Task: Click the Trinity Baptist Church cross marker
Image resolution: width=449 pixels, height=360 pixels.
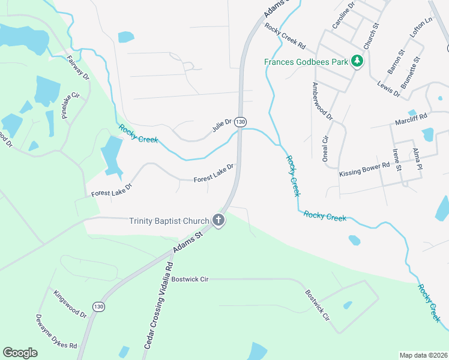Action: pyautogui.click(x=218, y=221)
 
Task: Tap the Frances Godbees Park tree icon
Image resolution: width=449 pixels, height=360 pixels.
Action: pyautogui.click(x=357, y=61)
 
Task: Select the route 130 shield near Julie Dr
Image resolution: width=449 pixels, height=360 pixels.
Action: pyautogui.click(x=240, y=122)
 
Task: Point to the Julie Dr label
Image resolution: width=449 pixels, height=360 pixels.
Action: pyautogui.click(x=221, y=126)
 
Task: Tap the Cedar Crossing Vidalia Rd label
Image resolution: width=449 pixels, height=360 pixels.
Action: pyautogui.click(x=159, y=305)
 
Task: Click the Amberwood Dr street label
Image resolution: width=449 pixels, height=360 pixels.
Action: pyautogui.click(x=321, y=102)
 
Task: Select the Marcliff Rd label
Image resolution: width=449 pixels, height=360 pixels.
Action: pyautogui.click(x=411, y=118)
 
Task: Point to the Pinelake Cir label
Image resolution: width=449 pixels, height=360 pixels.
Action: pyautogui.click(x=71, y=106)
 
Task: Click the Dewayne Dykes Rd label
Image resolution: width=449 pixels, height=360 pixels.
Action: pyautogui.click(x=55, y=333)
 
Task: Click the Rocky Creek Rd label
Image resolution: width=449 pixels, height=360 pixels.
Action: pyautogui.click(x=285, y=36)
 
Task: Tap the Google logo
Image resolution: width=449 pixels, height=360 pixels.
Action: pyautogui.click(x=20, y=353)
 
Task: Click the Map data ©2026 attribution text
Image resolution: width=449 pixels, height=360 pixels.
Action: pyautogui.click(x=424, y=355)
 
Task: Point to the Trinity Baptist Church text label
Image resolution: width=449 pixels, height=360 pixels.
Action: pyautogui.click(x=169, y=221)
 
